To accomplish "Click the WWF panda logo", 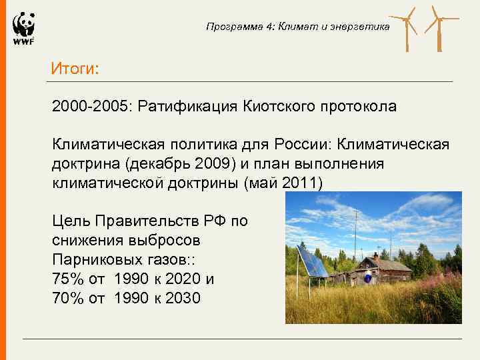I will tap(23, 29).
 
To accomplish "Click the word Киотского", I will tap(285, 107).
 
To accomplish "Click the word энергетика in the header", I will tap(363, 27).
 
